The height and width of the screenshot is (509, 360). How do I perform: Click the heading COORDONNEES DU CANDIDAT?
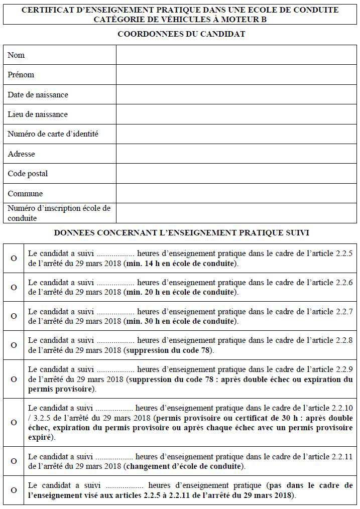(x=181, y=34)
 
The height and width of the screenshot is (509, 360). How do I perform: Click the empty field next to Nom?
(x=236, y=55)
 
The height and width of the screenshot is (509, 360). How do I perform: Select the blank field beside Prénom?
(x=236, y=75)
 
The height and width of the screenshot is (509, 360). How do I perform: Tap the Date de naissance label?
(x=38, y=95)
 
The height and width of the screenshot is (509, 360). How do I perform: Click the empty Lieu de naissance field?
(x=236, y=114)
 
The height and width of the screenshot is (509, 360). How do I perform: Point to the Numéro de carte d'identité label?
(x=53, y=134)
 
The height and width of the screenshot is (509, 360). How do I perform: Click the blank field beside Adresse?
(x=236, y=154)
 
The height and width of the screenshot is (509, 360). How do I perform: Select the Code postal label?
(x=28, y=174)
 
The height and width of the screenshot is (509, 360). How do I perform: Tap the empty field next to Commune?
(x=236, y=193)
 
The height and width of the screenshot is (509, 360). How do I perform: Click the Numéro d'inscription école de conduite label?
(x=59, y=213)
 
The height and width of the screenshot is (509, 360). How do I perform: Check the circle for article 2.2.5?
(x=14, y=258)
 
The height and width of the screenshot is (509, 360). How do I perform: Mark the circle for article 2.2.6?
(x=14, y=287)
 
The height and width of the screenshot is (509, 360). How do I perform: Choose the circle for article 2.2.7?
(x=14, y=316)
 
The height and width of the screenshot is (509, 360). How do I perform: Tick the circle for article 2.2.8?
(x=14, y=345)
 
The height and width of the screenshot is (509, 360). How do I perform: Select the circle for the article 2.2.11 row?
(x=14, y=461)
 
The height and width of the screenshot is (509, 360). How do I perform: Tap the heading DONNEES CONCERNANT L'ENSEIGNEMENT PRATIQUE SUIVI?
(x=181, y=233)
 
